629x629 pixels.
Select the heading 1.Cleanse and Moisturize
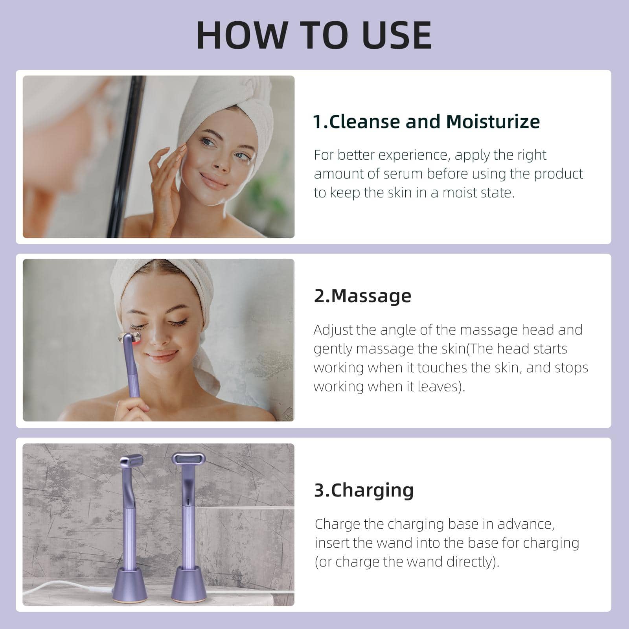tap(426, 121)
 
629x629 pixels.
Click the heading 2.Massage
tap(362, 296)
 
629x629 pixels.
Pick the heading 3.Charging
tap(364, 490)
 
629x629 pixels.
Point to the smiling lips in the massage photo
tap(162, 356)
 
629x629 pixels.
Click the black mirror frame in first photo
tap(126, 157)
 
